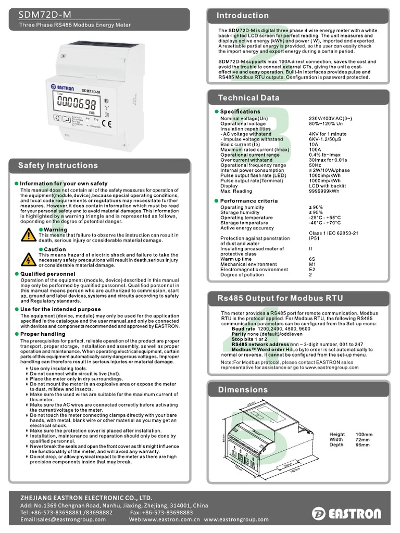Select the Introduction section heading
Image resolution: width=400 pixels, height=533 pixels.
[243, 16]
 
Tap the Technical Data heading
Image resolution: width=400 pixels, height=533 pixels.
[248, 98]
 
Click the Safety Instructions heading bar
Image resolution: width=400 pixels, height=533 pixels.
[58, 166]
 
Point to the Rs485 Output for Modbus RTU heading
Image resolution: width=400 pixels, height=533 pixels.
[280, 298]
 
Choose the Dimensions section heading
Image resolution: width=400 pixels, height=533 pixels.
[243, 389]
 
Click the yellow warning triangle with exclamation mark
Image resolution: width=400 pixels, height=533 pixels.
[29, 235]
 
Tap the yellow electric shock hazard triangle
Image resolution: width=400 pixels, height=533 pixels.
[29, 259]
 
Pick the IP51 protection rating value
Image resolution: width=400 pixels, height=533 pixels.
[316, 238]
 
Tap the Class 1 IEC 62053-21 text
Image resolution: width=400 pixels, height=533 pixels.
[333, 233]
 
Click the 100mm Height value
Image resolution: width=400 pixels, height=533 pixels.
[364, 434]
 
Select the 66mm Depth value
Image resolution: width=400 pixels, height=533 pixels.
[362, 445]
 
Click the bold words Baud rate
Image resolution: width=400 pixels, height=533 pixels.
[243, 329]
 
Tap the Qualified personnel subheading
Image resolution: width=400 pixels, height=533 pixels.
[47, 274]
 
